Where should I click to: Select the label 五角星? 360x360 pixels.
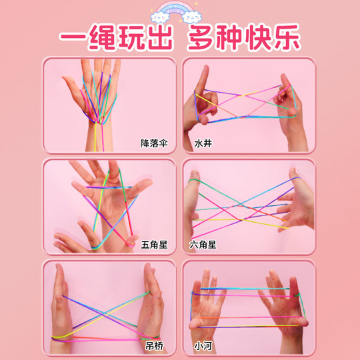154,245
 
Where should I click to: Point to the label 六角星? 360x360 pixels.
202,245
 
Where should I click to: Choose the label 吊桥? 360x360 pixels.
154,346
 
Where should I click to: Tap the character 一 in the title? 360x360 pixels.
74,36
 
